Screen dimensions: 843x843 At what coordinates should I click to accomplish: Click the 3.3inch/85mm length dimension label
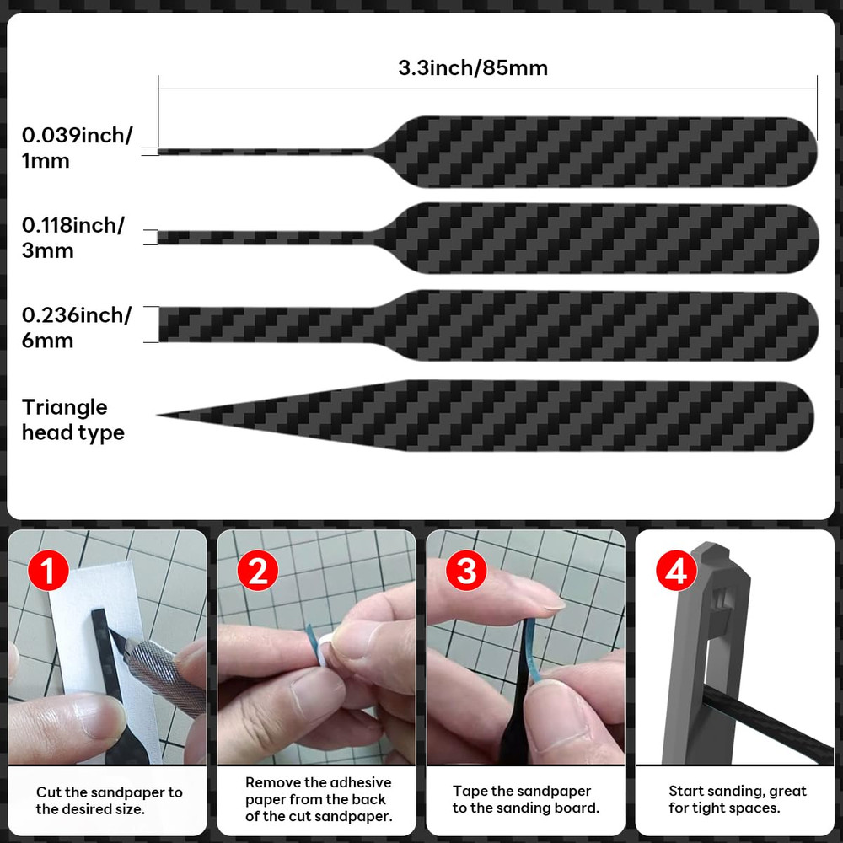[x=472, y=68]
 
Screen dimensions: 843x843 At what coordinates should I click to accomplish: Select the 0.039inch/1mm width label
[x=77, y=148]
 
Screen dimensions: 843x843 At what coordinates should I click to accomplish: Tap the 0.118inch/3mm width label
[x=72, y=238]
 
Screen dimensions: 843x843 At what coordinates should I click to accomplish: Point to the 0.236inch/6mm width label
[x=77, y=328]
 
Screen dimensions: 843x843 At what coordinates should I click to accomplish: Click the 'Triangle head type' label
[x=72, y=420]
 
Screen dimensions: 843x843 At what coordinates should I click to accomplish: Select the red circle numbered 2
[x=257, y=572]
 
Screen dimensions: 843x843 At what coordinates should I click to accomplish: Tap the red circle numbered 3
[x=466, y=572]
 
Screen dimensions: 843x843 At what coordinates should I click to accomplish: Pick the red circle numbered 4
[x=675, y=572]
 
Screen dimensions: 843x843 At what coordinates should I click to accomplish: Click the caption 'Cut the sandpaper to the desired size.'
[x=109, y=800]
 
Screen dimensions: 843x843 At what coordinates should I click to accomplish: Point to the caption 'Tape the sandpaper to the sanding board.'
[x=525, y=799]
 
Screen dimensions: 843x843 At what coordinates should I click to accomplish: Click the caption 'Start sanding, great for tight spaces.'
[x=737, y=799]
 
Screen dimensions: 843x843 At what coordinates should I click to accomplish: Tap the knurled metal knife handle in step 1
[x=169, y=674]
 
